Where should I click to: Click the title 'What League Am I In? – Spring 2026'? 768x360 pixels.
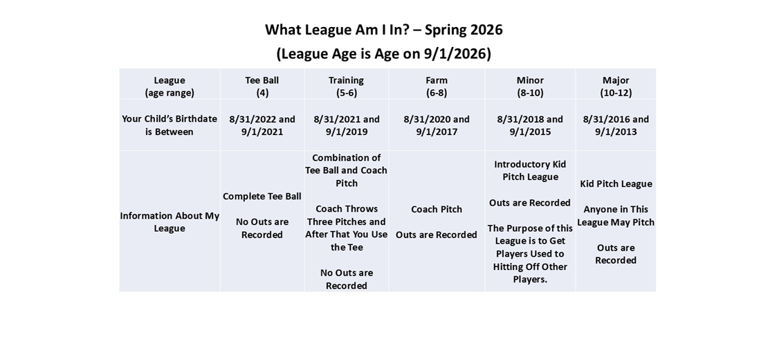point(383,30)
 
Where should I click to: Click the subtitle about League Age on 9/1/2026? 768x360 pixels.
point(383,54)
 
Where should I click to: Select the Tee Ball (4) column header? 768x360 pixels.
point(262,87)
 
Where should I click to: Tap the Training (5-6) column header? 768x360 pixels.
point(346,87)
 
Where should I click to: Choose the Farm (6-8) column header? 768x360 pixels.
point(437,87)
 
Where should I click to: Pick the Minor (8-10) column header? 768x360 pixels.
point(530,87)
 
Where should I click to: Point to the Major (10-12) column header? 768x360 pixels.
point(616,87)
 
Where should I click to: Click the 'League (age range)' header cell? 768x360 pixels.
point(170,87)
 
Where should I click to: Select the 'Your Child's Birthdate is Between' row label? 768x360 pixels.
point(170,125)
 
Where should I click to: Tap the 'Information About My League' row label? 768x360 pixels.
point(170,222)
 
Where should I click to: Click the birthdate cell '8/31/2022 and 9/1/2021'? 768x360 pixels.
point(262,125)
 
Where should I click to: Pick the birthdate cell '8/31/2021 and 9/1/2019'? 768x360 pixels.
point(346,125)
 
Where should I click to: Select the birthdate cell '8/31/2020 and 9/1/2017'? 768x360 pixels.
point(437,125)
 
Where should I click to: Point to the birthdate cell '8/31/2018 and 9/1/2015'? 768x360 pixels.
point(530,125)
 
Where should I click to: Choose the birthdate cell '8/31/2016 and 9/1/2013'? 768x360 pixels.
point(616,125)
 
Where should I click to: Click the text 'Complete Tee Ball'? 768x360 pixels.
point(262,197)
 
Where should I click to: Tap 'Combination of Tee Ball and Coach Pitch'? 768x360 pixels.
point(346,170)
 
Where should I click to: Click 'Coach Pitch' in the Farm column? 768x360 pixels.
point(437,209)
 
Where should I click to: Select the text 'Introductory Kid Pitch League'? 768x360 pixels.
point(530,170)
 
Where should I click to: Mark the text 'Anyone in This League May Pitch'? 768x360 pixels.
point(616,215)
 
